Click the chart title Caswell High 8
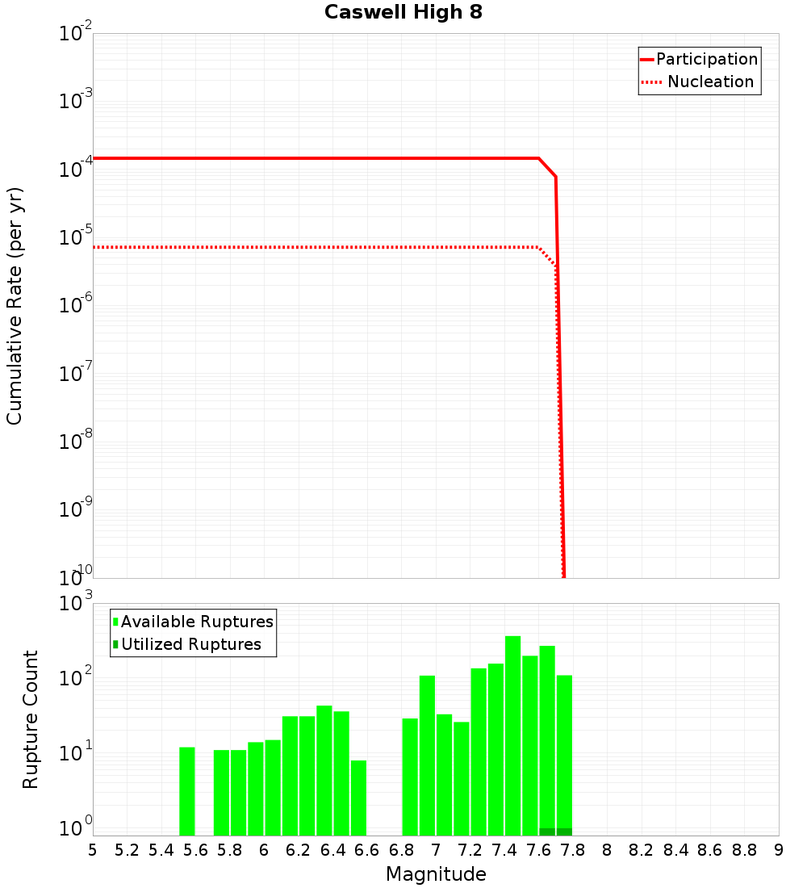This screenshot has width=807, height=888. tap(403, 13)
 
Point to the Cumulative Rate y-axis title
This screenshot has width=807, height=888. tap(15, 305)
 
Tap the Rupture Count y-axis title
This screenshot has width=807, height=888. tap(31, 718)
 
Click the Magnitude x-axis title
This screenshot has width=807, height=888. tap(436, 874)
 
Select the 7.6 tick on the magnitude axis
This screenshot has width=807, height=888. tap(538, 850)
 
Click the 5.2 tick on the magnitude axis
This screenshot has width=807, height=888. tap(127, 850)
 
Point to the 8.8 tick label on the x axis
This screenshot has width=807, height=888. tap(744, 850)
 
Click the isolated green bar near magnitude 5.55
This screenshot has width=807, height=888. tap(186, 791)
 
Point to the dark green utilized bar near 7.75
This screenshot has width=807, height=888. tap(564, 831)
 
